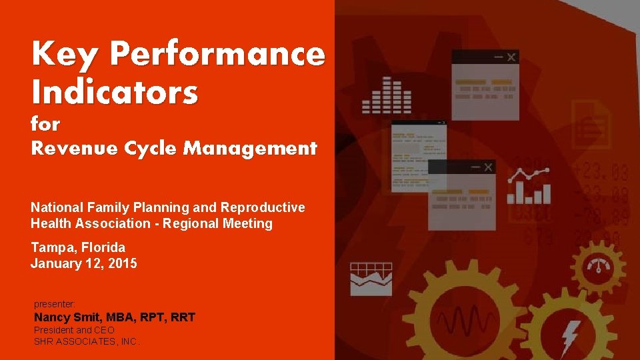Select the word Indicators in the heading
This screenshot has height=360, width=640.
114,93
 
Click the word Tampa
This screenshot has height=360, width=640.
51,247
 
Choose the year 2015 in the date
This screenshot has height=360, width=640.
124,263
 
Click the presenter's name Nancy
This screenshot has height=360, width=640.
53,317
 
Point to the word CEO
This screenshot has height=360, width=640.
105,330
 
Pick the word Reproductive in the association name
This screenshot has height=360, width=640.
263,207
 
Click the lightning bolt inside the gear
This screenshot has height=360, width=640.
571,336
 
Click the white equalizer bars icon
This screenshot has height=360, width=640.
386,95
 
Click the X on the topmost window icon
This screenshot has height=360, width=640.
511,57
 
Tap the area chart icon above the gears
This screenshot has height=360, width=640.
371,279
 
